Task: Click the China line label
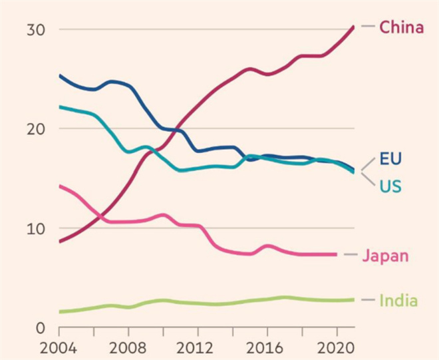coord(401,27)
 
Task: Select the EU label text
coord(390,159)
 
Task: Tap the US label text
coord(390,186)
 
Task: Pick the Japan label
coord(385,256)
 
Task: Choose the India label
coord(398,301)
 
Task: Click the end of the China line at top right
coord(354,27)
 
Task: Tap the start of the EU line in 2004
coord(60,75)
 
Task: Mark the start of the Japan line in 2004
coord(60,186)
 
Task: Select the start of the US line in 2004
coord(60,106)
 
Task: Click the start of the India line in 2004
coord(60,311)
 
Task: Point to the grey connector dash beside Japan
coord(349,255)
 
